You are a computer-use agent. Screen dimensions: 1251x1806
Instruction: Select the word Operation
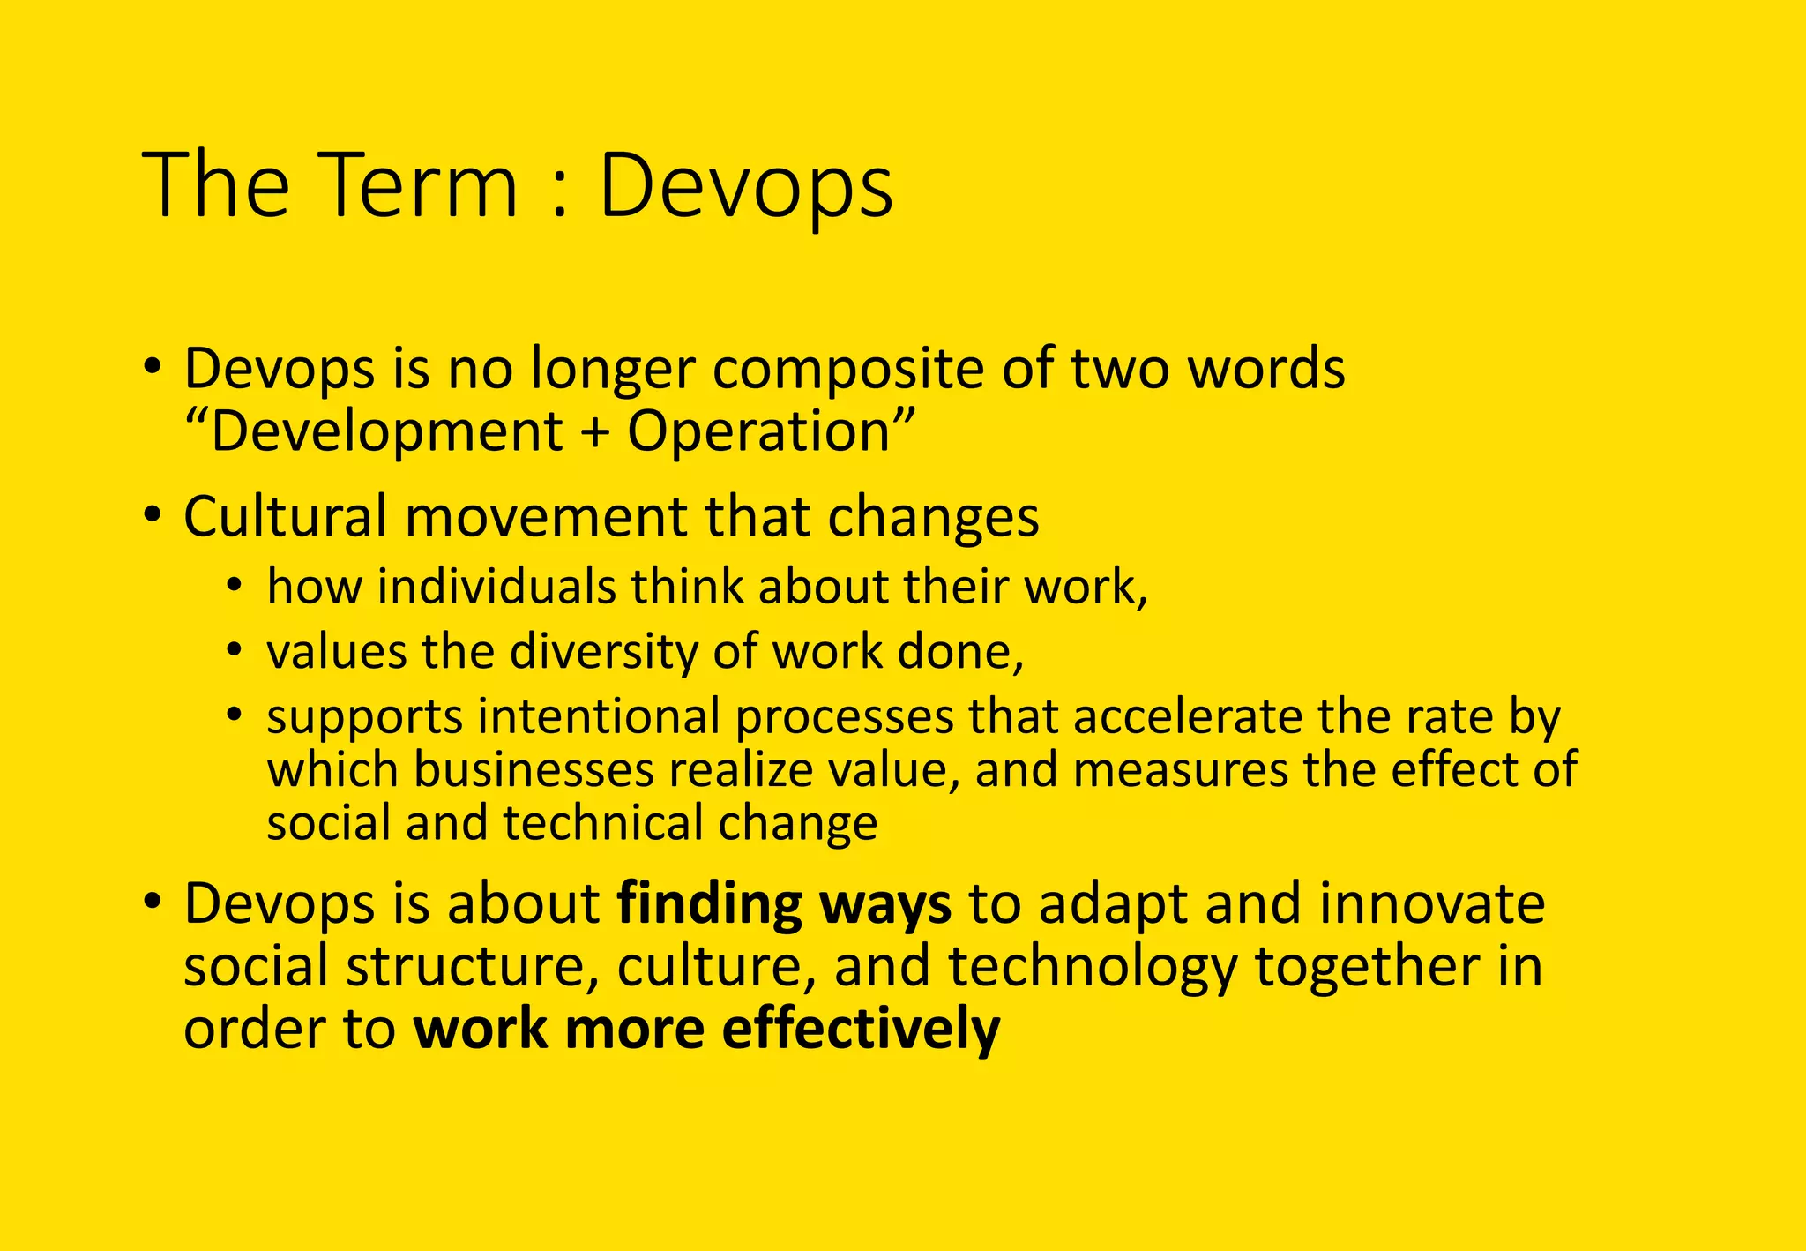(x=759, y=431)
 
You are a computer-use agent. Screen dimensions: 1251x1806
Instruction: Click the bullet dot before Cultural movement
(x=153, y=514)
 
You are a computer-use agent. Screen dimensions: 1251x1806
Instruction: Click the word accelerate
(x=1187, y=716)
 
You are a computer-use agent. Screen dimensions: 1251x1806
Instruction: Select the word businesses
(x=533, y=769)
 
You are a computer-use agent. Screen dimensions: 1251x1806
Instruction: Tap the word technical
(x=602, y=823)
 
